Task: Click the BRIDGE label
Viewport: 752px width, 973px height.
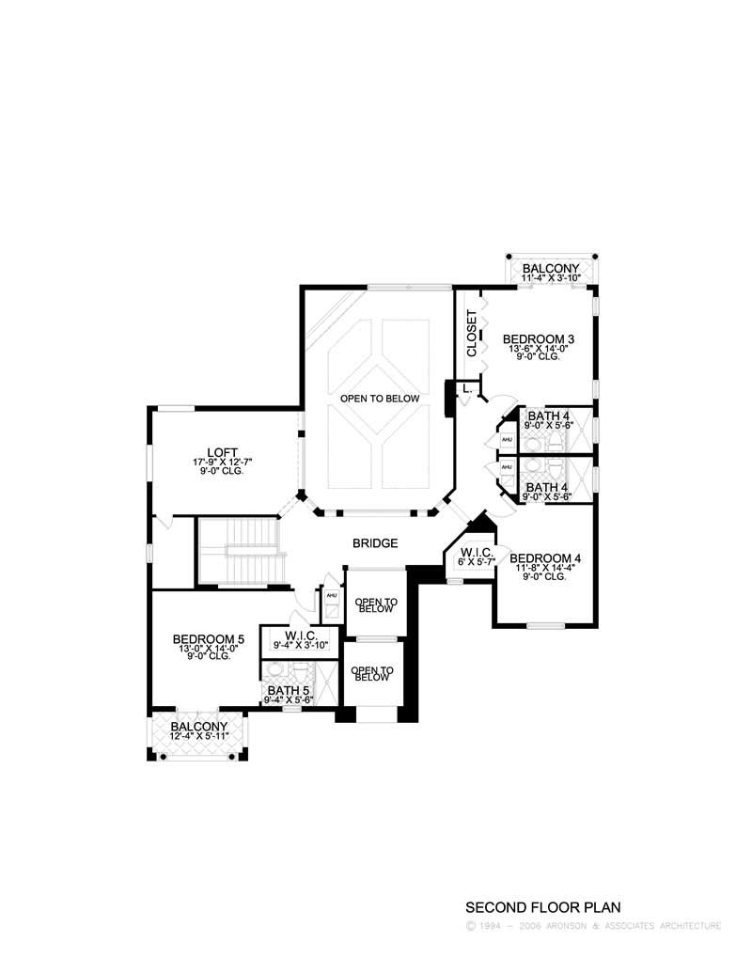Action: click(375, 543)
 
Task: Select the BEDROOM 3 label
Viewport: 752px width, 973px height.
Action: click(539, 339)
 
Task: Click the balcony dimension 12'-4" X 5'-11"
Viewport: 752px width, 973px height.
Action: click(198, 738)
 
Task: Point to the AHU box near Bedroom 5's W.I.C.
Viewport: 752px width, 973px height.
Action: click(331, 596)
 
